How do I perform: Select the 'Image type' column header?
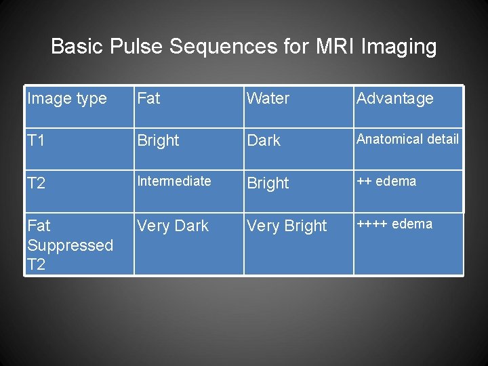coord(67,99)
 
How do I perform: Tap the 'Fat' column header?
coord(148,99)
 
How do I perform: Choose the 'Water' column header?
coord(268,99)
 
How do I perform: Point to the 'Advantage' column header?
coord(394,99)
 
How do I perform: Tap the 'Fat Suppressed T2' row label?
coord(70,245)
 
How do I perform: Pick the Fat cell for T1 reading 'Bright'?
coord(158,141)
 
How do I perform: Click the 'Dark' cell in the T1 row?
coord(264,141)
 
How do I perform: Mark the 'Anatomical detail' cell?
coord(407,140)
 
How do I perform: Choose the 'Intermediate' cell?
coord(174,181)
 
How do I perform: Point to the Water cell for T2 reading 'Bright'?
coord(268,183)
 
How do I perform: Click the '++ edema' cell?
coord(386,181)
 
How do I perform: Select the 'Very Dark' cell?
coord(173,226)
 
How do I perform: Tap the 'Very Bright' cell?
coord(287,226)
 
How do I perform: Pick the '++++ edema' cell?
coord(394,224)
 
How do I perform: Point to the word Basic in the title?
coord(74,47)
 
